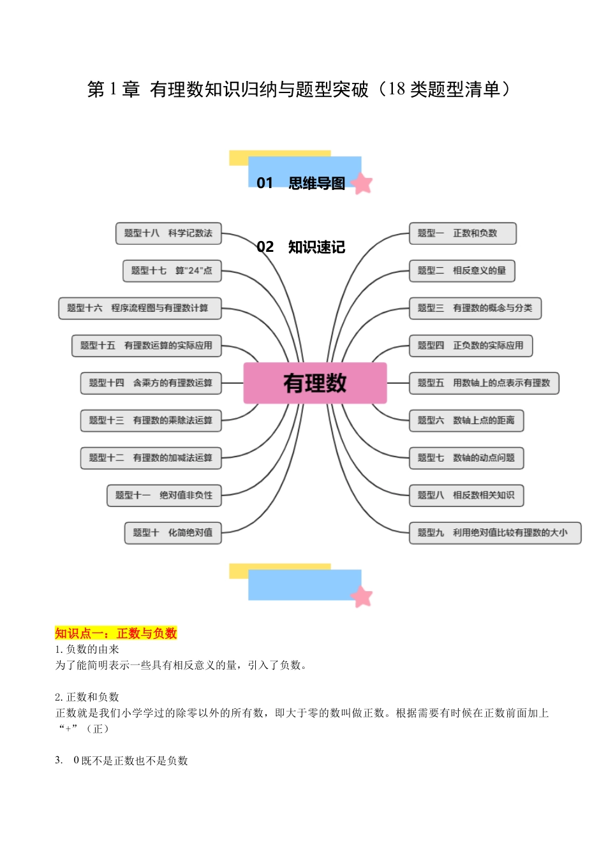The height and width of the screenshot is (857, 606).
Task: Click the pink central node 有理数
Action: point(315,383)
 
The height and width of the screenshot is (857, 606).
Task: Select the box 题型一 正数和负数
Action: point(462,233)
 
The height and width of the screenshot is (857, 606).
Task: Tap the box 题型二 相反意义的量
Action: point(461,270)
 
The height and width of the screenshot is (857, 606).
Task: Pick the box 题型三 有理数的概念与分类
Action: point(475,308)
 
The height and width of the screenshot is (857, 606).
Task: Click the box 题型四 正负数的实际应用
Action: point(470,346)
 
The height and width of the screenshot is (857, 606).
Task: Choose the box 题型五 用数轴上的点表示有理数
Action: point(484,383)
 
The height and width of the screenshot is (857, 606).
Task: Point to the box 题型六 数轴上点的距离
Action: point(466,420)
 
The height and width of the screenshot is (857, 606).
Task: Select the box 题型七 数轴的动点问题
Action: point(466,458)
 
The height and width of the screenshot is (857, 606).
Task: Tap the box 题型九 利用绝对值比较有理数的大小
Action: point(494,532)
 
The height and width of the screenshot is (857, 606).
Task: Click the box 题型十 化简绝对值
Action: point(173,532)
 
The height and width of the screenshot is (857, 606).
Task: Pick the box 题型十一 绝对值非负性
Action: point(164,495)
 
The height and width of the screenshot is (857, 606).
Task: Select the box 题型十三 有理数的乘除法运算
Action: point(151,420)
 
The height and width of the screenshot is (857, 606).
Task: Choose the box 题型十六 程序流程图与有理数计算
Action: point(140,308)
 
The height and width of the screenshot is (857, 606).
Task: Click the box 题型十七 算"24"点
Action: point(172,270)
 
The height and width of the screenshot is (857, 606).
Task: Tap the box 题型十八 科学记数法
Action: point(168,233)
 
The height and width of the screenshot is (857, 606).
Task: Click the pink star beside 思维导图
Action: point(362,184)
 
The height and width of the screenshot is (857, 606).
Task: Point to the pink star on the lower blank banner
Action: point(362,597)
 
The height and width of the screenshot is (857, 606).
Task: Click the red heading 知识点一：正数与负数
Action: point(115,633)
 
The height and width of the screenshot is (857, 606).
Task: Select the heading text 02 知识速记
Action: point(300,247)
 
